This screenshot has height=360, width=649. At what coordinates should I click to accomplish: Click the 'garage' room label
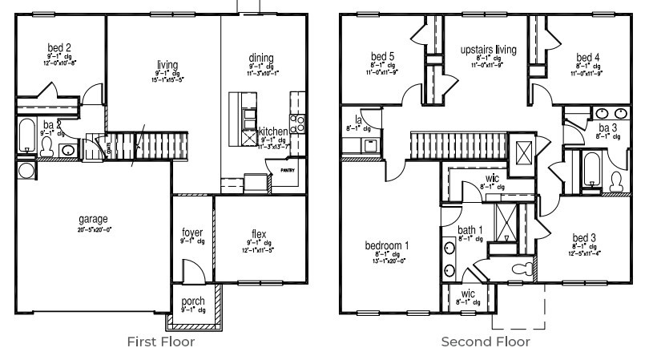(93, 219)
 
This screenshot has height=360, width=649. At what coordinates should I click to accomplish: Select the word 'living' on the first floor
(167, 65)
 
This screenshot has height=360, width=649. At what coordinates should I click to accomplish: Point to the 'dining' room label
(260, 58)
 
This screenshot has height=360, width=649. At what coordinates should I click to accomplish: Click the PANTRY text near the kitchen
(286, 169)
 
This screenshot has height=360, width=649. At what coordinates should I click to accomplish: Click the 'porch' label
(193, 301)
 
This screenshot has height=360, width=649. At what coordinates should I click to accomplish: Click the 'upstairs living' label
(488, 50)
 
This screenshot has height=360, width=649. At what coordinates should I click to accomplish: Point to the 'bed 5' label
(382, 56)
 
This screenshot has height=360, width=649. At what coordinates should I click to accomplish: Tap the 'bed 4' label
(587, 57)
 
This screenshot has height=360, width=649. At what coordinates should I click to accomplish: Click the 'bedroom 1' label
(387, 245)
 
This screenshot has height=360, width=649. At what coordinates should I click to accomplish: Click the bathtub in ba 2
(26, 136)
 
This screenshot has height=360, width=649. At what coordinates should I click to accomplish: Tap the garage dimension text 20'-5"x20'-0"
(95, 229)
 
